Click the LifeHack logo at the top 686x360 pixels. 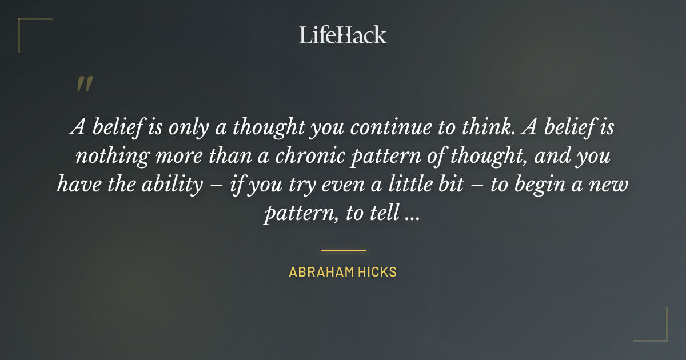342,35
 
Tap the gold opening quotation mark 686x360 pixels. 84,85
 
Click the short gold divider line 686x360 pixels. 343,250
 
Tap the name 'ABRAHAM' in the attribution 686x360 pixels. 321,272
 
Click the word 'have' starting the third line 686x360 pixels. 76,185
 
